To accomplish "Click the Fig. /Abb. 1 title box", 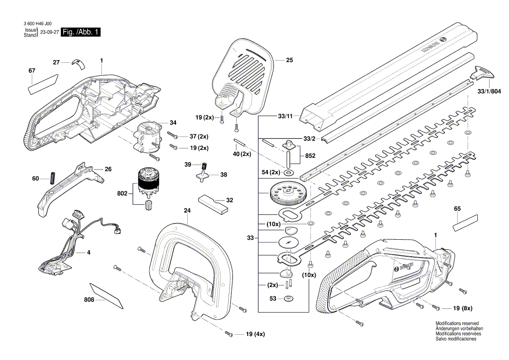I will (81, 32).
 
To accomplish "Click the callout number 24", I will (187, 211).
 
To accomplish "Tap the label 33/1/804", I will (489, 92).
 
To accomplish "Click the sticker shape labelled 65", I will (465, 223).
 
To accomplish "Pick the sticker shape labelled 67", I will (43, 84).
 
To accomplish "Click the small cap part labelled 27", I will (79, 64).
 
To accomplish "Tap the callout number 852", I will (310, 156).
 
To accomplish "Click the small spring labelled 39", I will (202, 166).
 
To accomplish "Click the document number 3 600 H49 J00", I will (38, 24).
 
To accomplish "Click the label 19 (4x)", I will (255, 334).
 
